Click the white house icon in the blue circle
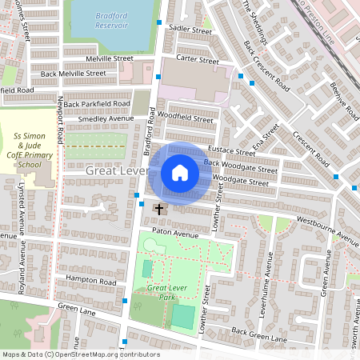(x=179, y=173)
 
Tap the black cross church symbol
(x=158, y=210)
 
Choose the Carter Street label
(x=197, y=60)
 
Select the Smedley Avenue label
(x=105, y=118)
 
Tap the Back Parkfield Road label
(x=97, y=104)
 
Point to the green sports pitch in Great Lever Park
(x=183, y=317)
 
